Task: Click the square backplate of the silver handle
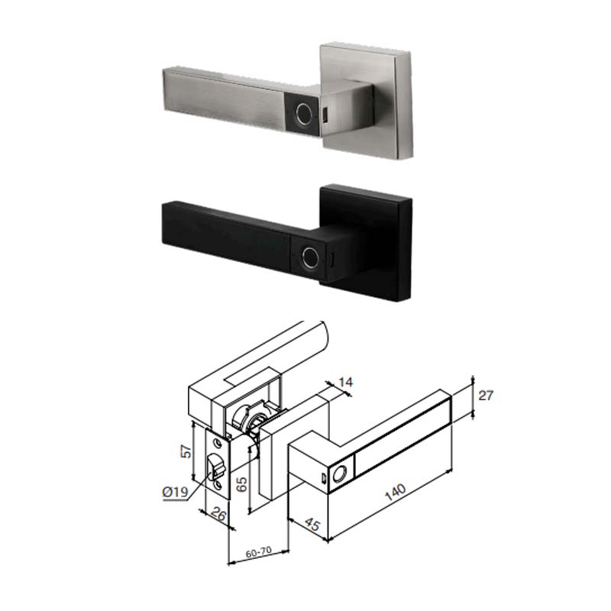(x=367, y=101)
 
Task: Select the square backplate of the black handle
(x=366, y=242)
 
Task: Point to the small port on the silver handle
(x=325, y=116)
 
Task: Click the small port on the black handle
(x=331, y=259)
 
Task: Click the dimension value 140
(x=395, y=492)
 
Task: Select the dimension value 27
(x=486, y=396)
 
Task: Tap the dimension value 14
(x=345, y=382)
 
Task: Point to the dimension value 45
(x=312, y=524)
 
